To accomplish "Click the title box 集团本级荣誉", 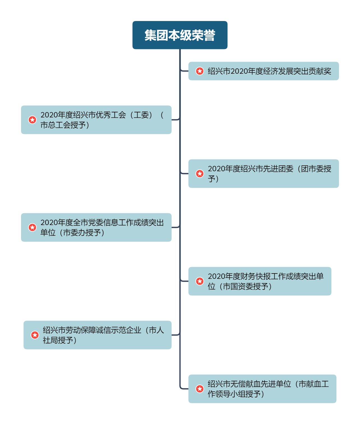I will tap(180, 35).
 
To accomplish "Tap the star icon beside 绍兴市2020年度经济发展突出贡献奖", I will tap(200, 71).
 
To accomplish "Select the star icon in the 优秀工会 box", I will tap(32, 120).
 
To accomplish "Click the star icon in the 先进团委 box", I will tap(200, 173).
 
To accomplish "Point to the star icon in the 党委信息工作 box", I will tap(32, 227).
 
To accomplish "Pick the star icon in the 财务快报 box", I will tap(200, 281).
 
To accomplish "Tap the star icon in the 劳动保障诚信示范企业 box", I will tap(35, 335).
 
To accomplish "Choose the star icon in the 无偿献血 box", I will tap(200, 389).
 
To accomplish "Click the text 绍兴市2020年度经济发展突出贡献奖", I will tap(269, 71).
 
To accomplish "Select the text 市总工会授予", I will tap(64, 125).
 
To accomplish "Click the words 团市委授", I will tap(316, 169).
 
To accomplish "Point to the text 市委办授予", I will tap(83, 233).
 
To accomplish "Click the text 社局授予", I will tap(59, 340).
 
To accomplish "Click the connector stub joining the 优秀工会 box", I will tap(176, 120).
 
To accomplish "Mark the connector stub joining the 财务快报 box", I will tap(184, 281).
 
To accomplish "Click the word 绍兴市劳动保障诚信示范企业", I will tap(92, 330).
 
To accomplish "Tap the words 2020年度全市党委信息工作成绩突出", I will tap(102, 223).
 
